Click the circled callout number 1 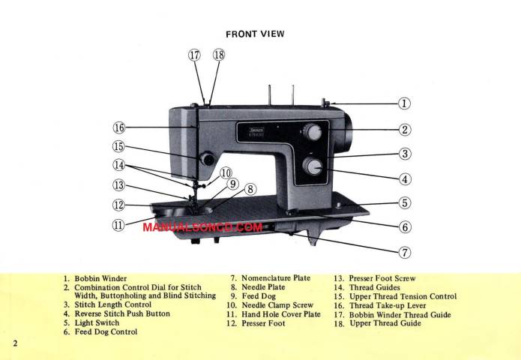(x=404, y=104)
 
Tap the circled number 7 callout (x=404, y=251)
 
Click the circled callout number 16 (x=119, y=127)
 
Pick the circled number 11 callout (x=118, y=224)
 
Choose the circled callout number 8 (x=250, y=190)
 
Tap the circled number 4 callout (x=404, y=178)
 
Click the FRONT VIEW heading (x=255, y=34)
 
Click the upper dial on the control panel (x=313, y=133)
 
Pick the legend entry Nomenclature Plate (x=270, y=278)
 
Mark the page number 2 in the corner (x=14, y=343)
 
